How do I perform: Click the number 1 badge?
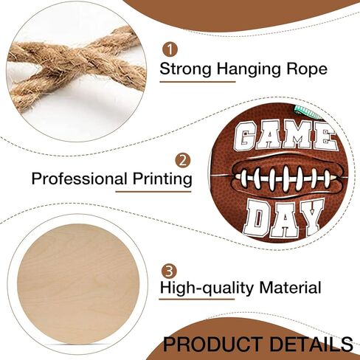[170, 50]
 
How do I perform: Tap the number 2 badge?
[183, 161]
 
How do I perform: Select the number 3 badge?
[169, 271]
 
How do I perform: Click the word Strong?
[185, 69]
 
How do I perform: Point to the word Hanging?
[249, 70]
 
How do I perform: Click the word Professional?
[80, 179]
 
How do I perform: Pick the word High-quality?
[207, 288]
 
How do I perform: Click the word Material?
[291, 287]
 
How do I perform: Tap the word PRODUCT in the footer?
[212, 344]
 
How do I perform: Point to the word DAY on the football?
[283, 218]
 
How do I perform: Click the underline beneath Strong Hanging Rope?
[198, 82]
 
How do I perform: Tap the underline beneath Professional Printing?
[153, 191]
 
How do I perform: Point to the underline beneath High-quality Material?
[197, 300]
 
